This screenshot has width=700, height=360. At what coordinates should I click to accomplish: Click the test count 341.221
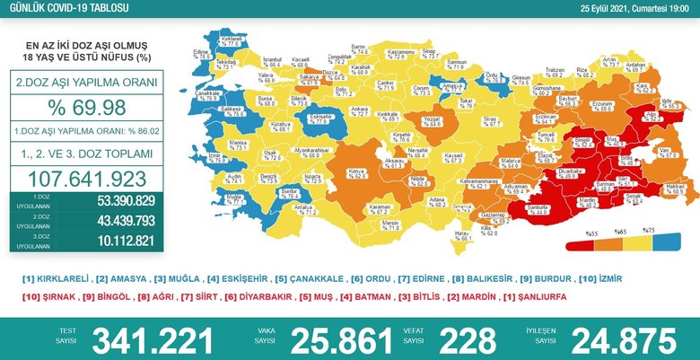click(154, 340)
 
